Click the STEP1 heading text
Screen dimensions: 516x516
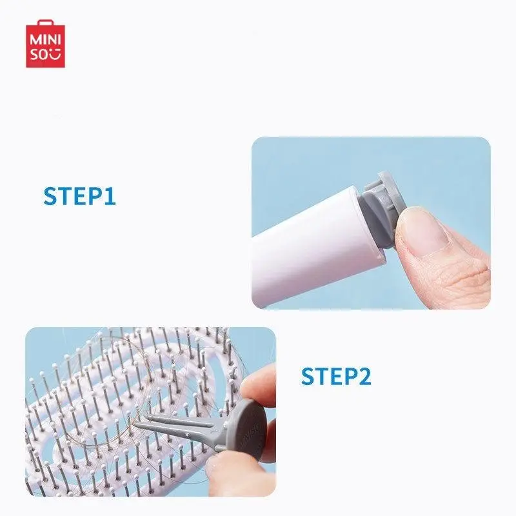pyautogui.click(x=79, y=196)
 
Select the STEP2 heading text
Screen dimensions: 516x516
pyautogui.click(x=336, y=376)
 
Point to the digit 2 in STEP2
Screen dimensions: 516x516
pyautogui.click(x=363, y=376)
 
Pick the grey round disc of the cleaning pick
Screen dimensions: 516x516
pyautogui.click(x=251, y=428)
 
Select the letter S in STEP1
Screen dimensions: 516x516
pyautogui.click(x=50, y=196)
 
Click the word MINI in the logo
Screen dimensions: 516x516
pyautogui.click(x=45, y=40)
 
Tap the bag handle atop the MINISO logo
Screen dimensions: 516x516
pyautogui.click(x=45, y=22)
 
